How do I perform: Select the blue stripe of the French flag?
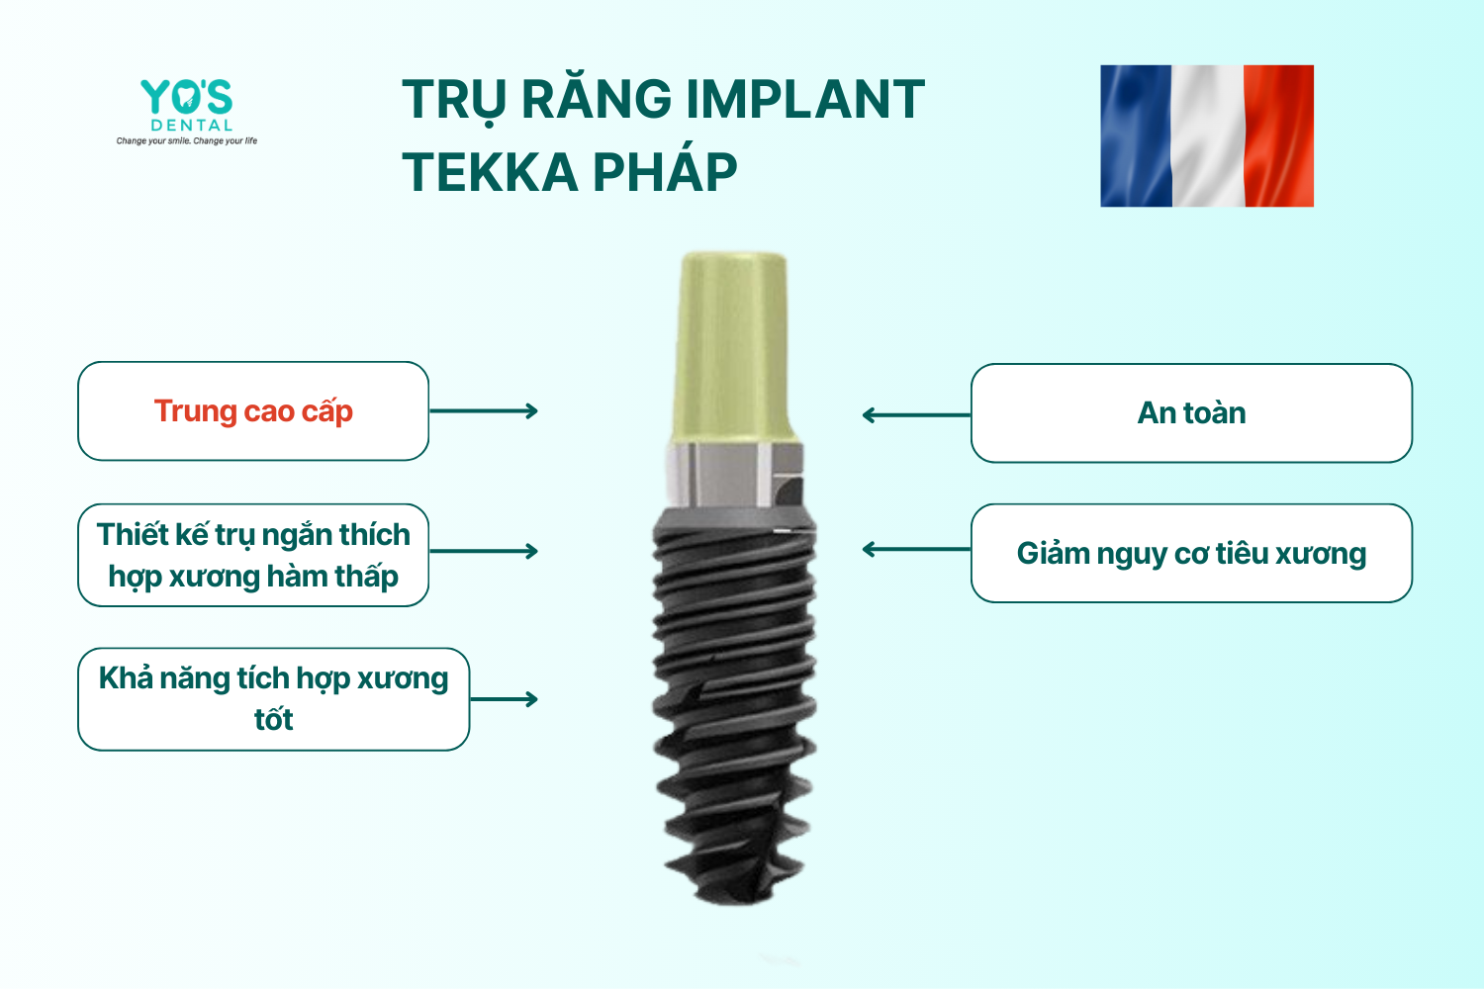(x=1136, y=135)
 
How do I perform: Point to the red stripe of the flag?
(x=1278, y=135)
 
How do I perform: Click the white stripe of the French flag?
(x=1208, y=135)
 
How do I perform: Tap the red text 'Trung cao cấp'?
(x=253, y=411)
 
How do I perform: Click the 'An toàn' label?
(x=1191, y=412)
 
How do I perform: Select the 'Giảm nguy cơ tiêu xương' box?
(x=1191, y=553)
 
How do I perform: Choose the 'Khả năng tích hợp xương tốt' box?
(x=274, y=699)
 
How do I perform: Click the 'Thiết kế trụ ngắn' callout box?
(x=253, y=555)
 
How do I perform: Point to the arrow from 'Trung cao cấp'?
(x=484, y=410)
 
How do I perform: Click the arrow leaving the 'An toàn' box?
(x=916, y=415)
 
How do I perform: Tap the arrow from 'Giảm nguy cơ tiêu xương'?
(x=916, y=549)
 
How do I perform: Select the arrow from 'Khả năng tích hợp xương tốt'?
(x=505, y=699)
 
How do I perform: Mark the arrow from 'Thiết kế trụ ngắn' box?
(x=484, y=551)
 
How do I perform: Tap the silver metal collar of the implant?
(x=734, y=475)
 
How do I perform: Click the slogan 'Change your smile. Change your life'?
(x=187, y=141)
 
